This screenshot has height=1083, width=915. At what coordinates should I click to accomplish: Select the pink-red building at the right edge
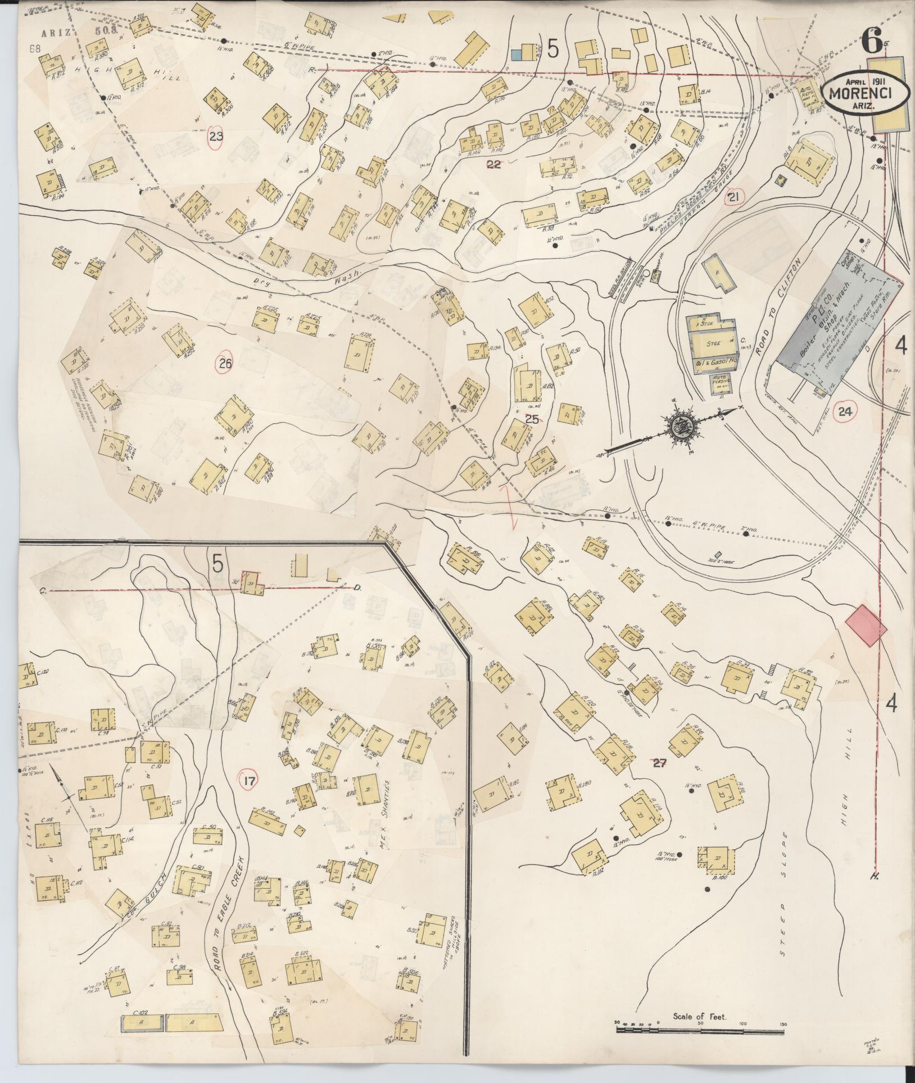[x=866, y=624]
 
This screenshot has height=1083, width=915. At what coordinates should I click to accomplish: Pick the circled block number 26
[x=225, y=364]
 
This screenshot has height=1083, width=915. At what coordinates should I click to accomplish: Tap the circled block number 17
[x=250, y=781]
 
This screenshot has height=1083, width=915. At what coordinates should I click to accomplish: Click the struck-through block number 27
[x=658, y=763]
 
